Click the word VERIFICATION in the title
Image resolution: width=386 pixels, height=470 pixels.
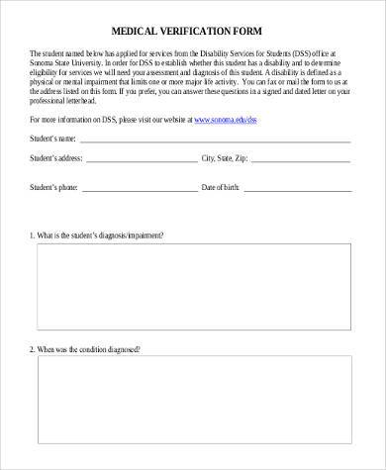click(201, 30)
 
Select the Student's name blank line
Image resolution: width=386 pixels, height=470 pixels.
click(215, 141)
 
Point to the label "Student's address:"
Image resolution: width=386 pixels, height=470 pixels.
click(56, 156)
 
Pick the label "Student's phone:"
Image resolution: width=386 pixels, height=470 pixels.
click(54, 185)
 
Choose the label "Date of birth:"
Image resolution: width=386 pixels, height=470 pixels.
click(225, 185)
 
